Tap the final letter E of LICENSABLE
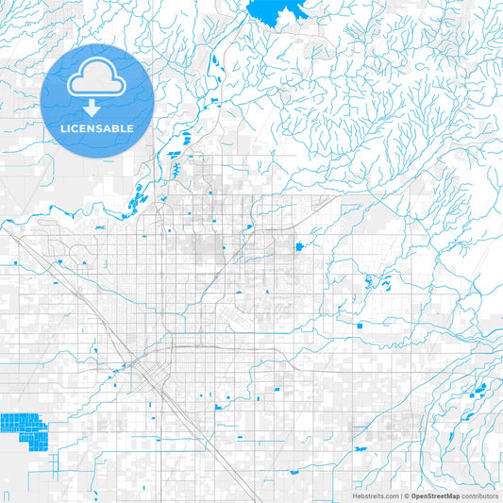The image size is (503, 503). click(130, 128)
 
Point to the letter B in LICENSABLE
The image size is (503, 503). click(116, 128)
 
